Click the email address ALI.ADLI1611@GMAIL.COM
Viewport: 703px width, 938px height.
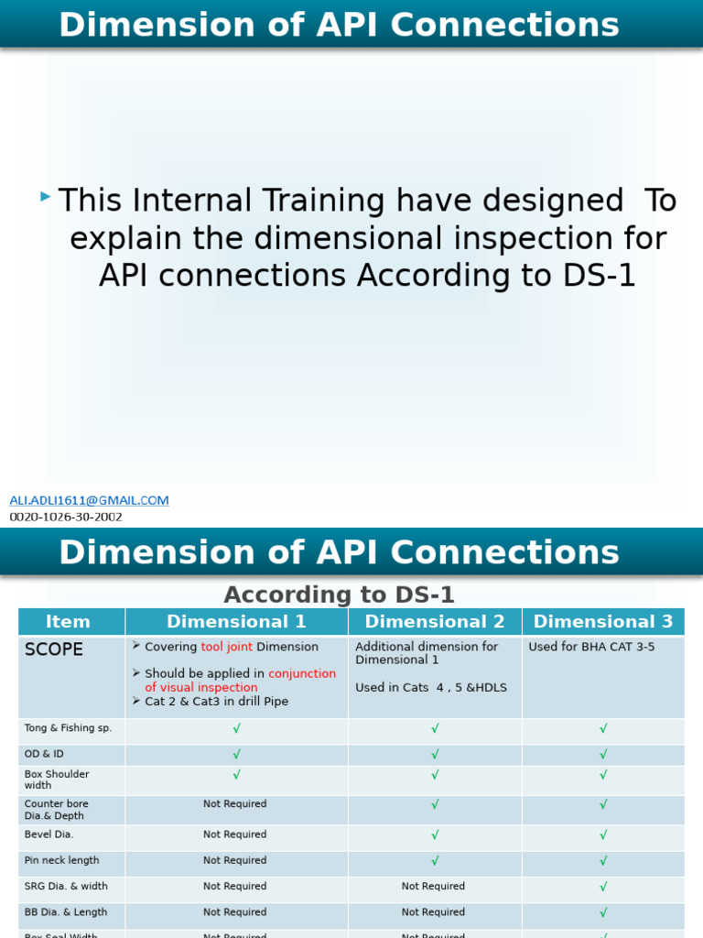89,500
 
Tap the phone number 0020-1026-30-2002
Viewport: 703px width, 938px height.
66,517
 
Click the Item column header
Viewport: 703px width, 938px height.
69,622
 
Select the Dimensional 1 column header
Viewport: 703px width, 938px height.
236,622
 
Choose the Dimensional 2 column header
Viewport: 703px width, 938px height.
435,622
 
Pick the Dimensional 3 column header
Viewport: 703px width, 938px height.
603,622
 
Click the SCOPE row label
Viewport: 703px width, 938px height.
53,649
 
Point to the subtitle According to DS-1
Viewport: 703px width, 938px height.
340,594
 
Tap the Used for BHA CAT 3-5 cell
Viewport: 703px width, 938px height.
591,647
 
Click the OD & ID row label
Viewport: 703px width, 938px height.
44,754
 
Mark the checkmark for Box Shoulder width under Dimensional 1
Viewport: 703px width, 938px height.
236,775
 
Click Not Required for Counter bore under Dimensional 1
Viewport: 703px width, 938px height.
235,804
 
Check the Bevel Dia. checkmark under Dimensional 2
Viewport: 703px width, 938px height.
435,835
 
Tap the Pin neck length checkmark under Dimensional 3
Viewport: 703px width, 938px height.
603,861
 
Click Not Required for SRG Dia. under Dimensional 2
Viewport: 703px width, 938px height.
433,887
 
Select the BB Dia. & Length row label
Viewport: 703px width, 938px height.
66,912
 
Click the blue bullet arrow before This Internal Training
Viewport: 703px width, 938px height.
46,197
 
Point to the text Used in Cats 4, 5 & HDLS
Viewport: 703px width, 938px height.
431,687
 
